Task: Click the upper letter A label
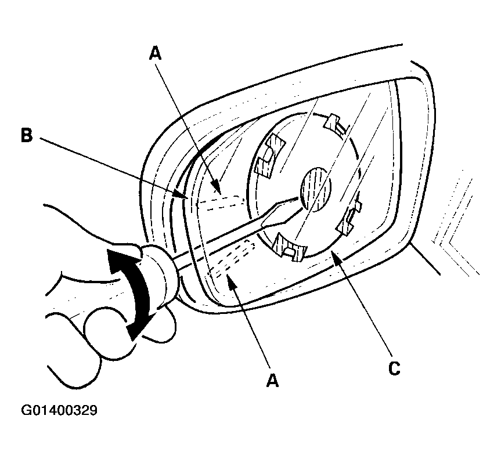coord(155,53)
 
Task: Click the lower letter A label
coord(272,380)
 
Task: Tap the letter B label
coord(27,135)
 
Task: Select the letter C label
coord(394,368)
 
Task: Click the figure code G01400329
coord(59,410)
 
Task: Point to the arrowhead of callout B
coord(180,195)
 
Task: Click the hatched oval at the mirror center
coord(316,189)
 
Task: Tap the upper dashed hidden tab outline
coord(221,203)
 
